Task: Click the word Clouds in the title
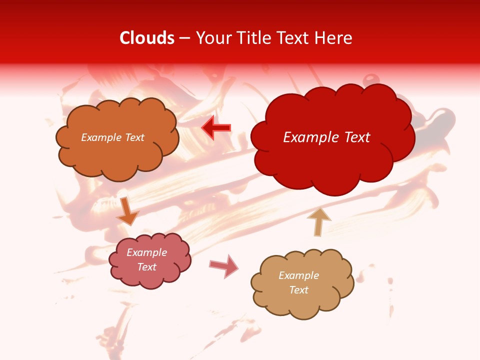click(147, 38)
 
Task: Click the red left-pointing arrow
click(216, 128)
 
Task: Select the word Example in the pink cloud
click(147, 252)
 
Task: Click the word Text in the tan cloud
click(298, 290)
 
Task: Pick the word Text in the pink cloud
click(147, 267)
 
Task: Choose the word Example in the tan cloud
click(298, 275)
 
